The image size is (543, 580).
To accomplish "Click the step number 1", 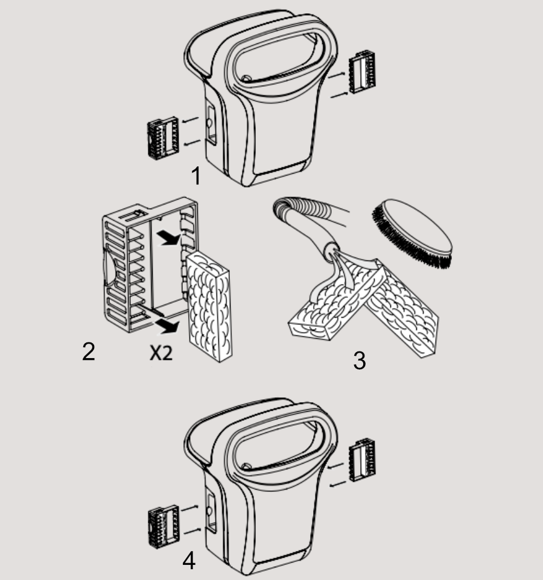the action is pos(196,175).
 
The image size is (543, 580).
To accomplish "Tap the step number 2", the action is pos(89,351).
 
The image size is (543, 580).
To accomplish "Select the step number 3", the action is pos(360,361).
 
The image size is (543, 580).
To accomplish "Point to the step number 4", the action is pos(189,560).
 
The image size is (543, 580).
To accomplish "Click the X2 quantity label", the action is pos(161,353).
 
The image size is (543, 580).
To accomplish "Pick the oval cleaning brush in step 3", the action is pos(412,233).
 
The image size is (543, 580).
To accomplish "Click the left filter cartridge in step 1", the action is pos(163,135).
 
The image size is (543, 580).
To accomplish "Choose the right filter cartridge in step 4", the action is pos(362,459).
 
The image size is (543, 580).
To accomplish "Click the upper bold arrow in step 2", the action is pos(168,238).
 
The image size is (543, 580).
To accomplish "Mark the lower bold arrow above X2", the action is pos(167,326).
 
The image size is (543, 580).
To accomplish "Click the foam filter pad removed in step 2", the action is pos(209,307).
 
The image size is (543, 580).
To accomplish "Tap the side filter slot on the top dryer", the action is pos(211,125).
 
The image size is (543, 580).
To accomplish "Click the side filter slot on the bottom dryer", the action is pos(211,512).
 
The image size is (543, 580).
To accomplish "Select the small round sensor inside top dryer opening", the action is pos(246,79).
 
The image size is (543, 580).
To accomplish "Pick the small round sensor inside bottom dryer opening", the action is pos(246,467).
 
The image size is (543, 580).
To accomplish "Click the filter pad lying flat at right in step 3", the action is pos(402,309).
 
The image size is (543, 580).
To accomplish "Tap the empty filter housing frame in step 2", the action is pos(150,265).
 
